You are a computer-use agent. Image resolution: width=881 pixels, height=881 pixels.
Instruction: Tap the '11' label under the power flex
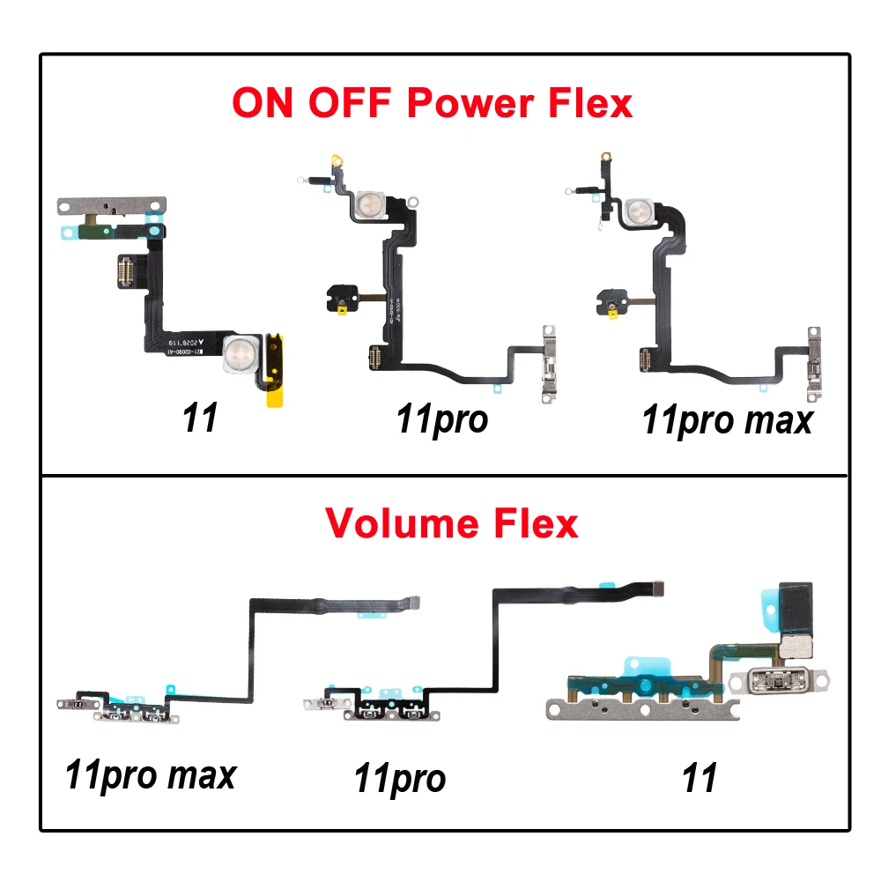pos(200,418)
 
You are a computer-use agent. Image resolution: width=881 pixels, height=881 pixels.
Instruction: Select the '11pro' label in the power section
pos(440,418)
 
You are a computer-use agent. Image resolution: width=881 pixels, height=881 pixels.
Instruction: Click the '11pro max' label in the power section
pos(727,420)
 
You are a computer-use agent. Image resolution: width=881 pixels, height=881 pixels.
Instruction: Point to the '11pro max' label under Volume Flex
pos(151,774)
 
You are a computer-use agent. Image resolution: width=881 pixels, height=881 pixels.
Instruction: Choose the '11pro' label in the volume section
pos(399,778)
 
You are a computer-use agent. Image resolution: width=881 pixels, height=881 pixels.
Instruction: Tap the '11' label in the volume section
pos(699,778)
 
